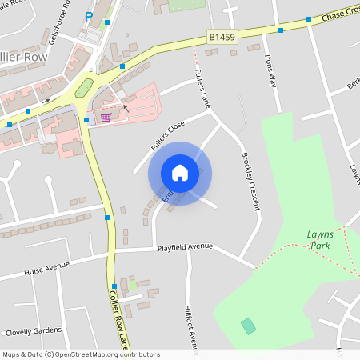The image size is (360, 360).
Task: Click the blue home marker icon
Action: tap(180, 173)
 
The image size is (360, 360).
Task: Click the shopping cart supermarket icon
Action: tap(106, 118)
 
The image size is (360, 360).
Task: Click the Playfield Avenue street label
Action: tap(185, 247)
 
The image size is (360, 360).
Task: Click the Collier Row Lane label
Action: tap(118, 319)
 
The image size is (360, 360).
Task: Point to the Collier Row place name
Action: tap(23, 58)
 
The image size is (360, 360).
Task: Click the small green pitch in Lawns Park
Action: tap(249, 326)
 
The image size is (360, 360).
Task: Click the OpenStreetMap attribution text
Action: tap(80, 354)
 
